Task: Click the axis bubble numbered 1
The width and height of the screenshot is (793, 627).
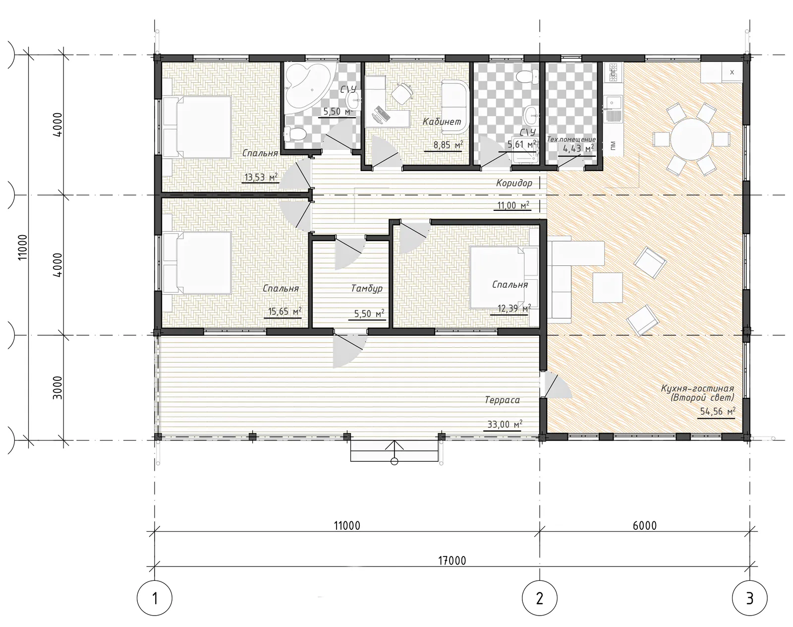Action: (155, 598)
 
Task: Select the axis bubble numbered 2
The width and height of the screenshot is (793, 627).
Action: (540, 598)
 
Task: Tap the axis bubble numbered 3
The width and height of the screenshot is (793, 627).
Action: (749, 598)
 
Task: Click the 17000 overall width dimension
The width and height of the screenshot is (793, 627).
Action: (452, 561)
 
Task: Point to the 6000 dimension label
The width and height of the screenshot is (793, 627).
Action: (644, 526)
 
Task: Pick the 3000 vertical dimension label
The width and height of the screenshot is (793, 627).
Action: (58, 387)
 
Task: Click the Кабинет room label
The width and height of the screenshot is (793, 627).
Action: (442, 122)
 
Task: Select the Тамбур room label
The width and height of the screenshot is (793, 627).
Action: (367, 288)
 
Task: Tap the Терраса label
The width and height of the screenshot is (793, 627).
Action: (502, 400)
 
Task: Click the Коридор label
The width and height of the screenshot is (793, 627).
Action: (514, 183)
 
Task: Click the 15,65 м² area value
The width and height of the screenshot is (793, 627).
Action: (284, 312)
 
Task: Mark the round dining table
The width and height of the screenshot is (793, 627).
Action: (692, 139)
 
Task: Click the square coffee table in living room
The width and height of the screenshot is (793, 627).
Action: (608, 287)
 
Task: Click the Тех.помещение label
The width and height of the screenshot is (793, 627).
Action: (571, 139)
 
